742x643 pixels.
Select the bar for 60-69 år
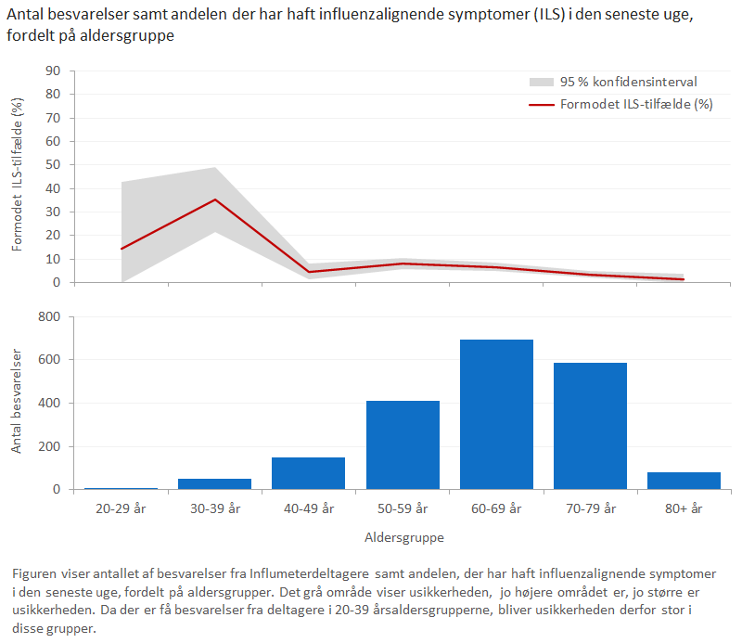click(496, 415)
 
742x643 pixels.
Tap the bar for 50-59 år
click(403, 444)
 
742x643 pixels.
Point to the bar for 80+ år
click(684, 481)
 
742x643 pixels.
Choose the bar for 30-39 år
click(214, 483)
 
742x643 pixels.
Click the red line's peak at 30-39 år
click(215, 199)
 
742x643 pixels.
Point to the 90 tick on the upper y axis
click(54, 71)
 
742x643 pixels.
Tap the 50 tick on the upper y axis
click(54, 165)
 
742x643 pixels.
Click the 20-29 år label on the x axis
click(121, 508)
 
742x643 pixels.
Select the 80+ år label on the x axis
click(684, 508)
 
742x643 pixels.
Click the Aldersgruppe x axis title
click(403, 537)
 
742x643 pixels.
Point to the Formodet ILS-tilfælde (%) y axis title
click(18, 176)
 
